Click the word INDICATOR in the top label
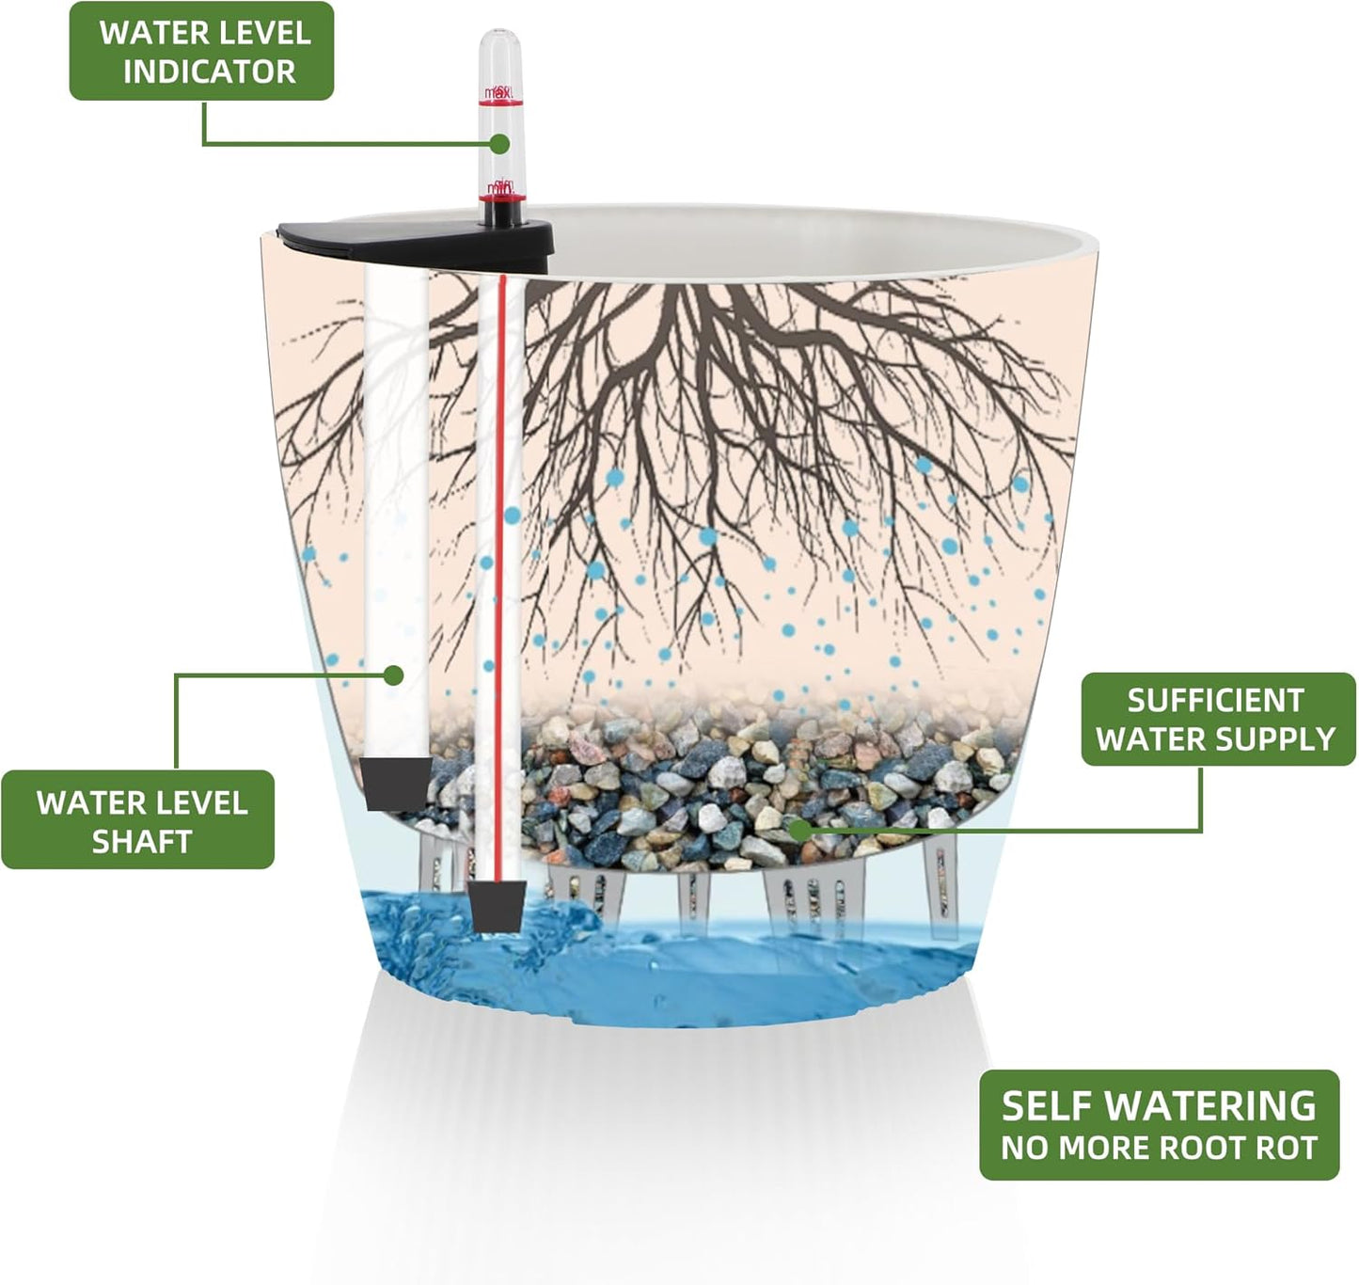209,71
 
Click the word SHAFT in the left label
141,841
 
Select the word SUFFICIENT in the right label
1215,701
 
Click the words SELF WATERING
1158,1106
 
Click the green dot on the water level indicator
499,144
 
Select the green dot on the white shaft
394,674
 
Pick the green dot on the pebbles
798,830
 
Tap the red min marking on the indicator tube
498,191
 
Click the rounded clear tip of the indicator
499,47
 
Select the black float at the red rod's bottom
497,904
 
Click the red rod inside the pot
500,564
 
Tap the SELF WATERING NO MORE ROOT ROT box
1159,1125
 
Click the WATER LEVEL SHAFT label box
138,819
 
